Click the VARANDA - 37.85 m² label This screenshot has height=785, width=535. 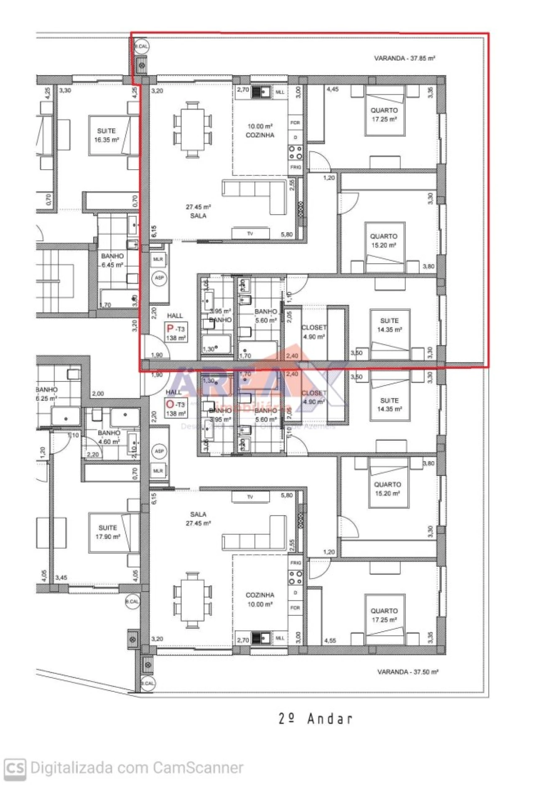(x=404, y=58)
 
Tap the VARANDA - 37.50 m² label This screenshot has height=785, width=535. (x=408, y=672)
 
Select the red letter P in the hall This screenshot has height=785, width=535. (x=170, y=328)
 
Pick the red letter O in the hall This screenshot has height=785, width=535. (x=170, y=404)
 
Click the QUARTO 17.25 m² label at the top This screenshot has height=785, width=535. (x=384, y=115)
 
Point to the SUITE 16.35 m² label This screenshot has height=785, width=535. (x=106, y=135)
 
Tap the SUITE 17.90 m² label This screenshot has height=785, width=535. (x=107, y=532)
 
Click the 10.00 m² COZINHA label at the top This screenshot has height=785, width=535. (x=260, y=130)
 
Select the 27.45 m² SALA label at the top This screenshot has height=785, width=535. (x=198, y=211)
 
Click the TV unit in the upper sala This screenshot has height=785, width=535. (x=250, y=234)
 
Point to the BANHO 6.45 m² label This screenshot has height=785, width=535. (x=112, y=260)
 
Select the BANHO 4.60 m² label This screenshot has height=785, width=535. (x=109, y=437)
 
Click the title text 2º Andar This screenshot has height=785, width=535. (x=316, y=719)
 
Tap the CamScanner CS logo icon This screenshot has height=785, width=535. (x=15, y=768)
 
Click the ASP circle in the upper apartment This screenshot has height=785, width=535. (x=159, y=278)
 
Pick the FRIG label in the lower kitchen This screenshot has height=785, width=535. (x=296, y=563)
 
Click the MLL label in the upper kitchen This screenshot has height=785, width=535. (x=280, y=92)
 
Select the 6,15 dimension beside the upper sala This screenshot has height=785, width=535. (x=154, y=232)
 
